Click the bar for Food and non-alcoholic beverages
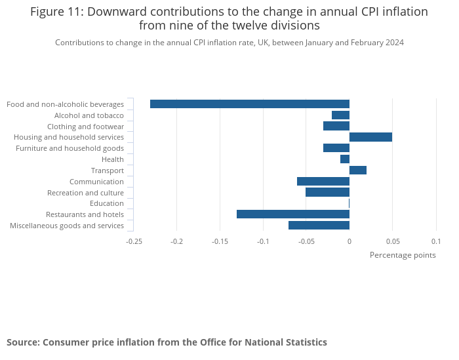pyautogui.click(x=249, y=104)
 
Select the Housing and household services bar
pyautogui.click(x=370, y=137)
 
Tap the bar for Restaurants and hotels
pyautogui.click(x=292, y=214)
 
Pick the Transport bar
pyautogui.click(x=358, y=170)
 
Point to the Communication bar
pyautogui.click(x=323, y=182)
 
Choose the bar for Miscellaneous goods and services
pyautogui.click(x=319, y=226)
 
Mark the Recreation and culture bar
pyautogui.click(x=327, y=192)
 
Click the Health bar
pyautogui.click(x=345, y=159)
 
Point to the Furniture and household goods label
pyautogui.click(x=70, y=148)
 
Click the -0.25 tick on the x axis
pyautogui.click(x=134, y=241)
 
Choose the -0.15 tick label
pyautogui.click(x=220, y=241)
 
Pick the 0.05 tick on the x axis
pyautogui.click(x=392, y=241)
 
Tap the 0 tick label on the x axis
pyautogui.click(x=349, y=241)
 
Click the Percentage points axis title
pyautogui.click(x=403, y=255)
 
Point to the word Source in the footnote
pyautogui.click(x=22, y=342)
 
